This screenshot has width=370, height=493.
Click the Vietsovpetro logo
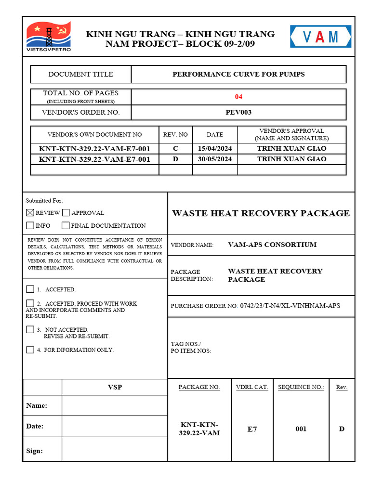pyautogui.click(x=49, y=36)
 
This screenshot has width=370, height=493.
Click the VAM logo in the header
pyautogui.click(x=320, y=37)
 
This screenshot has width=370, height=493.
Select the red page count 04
pyautogui.click(x=238, y=97)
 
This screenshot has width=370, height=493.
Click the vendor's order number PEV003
pyautogui.click(x=238, y=113)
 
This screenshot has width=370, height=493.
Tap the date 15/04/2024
pyautogui.click(x=215, y=148)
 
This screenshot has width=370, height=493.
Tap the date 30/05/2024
pyautogui.click(x=215, y=159)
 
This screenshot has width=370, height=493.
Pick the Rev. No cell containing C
pyautogui.click(x=175, y=148)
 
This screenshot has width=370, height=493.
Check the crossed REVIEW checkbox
pyautogui.click(x=30, y=212)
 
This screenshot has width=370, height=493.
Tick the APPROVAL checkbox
pyautogui.click(x=66, y=212)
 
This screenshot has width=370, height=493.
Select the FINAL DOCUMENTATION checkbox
pyautogui.click(x=66, y=225)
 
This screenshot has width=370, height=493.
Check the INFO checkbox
pyautogui.click(x=30, y=225)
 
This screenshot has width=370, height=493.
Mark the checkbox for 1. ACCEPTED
pyautogui.click(x=30, y=289)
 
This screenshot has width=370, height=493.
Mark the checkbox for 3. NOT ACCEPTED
pyautogui.click(x=30, y=329)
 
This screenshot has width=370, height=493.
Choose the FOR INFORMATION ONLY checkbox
pyautogui.click(x=30, y=350)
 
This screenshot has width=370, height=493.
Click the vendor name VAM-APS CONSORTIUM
pyautogui.click(x=272, y=245)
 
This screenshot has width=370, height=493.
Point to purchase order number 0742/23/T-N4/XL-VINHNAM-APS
pyautogui.click(x=290, y=306)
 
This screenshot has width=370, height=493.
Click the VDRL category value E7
pyautogui.click(x=252, y=429)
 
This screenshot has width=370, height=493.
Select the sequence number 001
pyautogui.click(x=301, y=429)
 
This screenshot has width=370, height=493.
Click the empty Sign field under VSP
pyautogui.click(x=114, y=451)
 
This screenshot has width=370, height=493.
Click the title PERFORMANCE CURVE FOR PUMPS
pyautogui.click(x=238, y=74)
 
